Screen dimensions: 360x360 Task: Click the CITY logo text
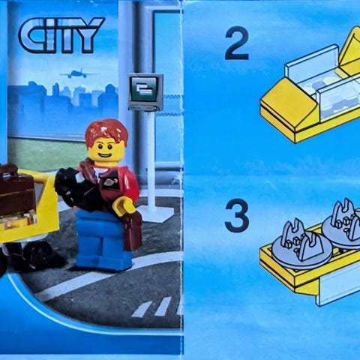[x=61, y=35]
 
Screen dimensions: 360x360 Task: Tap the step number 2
[x=237, y=43]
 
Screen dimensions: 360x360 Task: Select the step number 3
[x=236, y=215]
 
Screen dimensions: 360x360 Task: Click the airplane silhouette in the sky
[x=74, y=73]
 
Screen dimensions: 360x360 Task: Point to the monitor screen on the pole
[x=145, y=92]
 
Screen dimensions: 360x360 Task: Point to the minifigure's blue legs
[x=103, y=241]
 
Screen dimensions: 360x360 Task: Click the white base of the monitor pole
[x=154, y=214]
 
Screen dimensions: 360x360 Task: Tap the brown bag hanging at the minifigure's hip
[x=132, y=230]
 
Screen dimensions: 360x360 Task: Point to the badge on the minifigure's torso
[x=111, y=184]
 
